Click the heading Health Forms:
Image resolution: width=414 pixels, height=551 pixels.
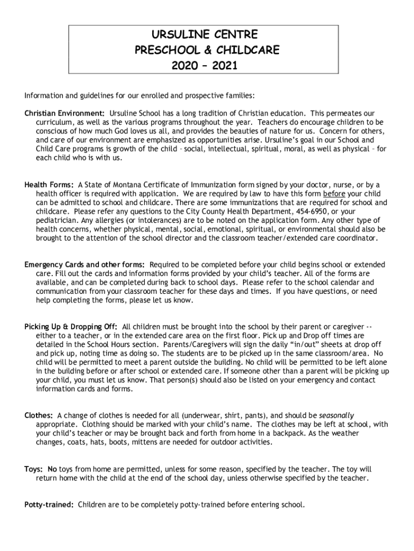click(x=49, y=185)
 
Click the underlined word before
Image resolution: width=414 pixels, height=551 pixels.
click(x=334, y=194)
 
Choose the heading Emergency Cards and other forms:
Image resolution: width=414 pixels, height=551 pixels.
click(x=84, y=265)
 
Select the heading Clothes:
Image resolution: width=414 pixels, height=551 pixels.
click(x=39, y=415)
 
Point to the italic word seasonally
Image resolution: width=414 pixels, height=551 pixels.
click(x=337, y=415)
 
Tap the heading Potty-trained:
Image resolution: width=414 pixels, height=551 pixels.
click(x=49, y=505)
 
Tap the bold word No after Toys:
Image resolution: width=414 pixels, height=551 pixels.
click(x=52, y=469)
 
